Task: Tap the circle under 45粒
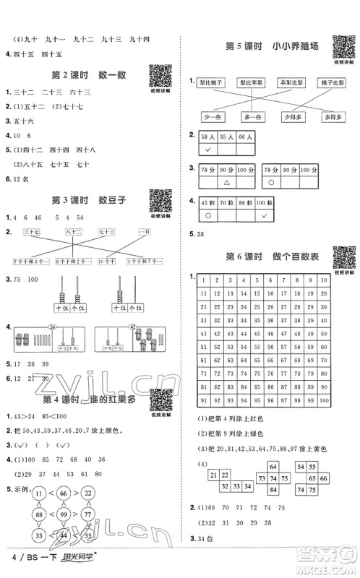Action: pos(208,215)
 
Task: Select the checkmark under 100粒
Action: pos(265,215)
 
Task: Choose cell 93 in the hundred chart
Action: pos(236,401)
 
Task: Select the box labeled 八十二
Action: pos(72,231)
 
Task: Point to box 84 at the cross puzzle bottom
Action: pos(274,490)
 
